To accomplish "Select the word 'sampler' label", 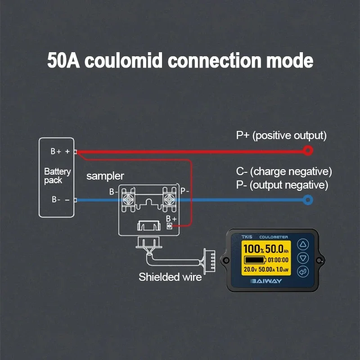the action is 105,176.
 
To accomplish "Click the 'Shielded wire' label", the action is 170,277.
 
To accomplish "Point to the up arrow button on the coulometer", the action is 303,244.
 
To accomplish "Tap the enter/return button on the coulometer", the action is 303,272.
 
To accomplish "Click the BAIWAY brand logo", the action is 266,281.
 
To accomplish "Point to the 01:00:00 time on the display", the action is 278,260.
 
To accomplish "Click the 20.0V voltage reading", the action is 250,269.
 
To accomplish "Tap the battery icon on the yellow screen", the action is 255,260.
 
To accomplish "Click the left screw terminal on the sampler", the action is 128,199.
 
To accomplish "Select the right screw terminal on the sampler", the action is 170,199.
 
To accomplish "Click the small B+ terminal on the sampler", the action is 169,226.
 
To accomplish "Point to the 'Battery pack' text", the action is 58,176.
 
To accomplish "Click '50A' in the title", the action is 63,60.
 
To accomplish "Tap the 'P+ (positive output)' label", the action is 281,136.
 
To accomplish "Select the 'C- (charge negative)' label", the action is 284,172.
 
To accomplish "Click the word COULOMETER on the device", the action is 274,237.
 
